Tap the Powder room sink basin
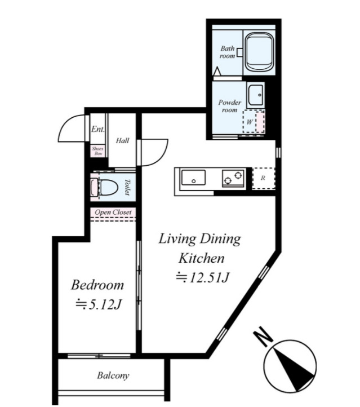coord(255,95)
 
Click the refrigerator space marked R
coord(263,178)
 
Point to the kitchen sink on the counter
coord(193,178)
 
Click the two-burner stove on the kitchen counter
coord(233,178)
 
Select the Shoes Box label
coord(98,151)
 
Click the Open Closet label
coord(113,212)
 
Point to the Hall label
coord(122,140)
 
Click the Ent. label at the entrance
coord(98,129)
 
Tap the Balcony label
coord(113,375)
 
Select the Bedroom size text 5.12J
coord(99,304)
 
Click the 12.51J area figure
coord(203,277)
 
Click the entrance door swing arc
coord(68,125)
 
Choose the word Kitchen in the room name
coord(202,258)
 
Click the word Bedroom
coord(97,285)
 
